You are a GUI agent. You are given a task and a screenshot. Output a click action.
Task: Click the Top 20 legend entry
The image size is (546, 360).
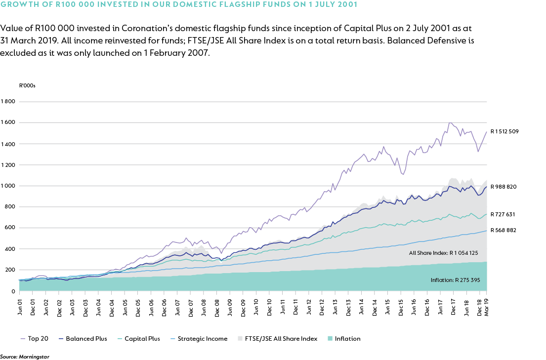pos(38,339)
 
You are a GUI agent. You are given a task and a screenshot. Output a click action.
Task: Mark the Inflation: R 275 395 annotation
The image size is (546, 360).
pos(455,280)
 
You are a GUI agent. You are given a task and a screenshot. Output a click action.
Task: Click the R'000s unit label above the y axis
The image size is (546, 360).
pos(27,85)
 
